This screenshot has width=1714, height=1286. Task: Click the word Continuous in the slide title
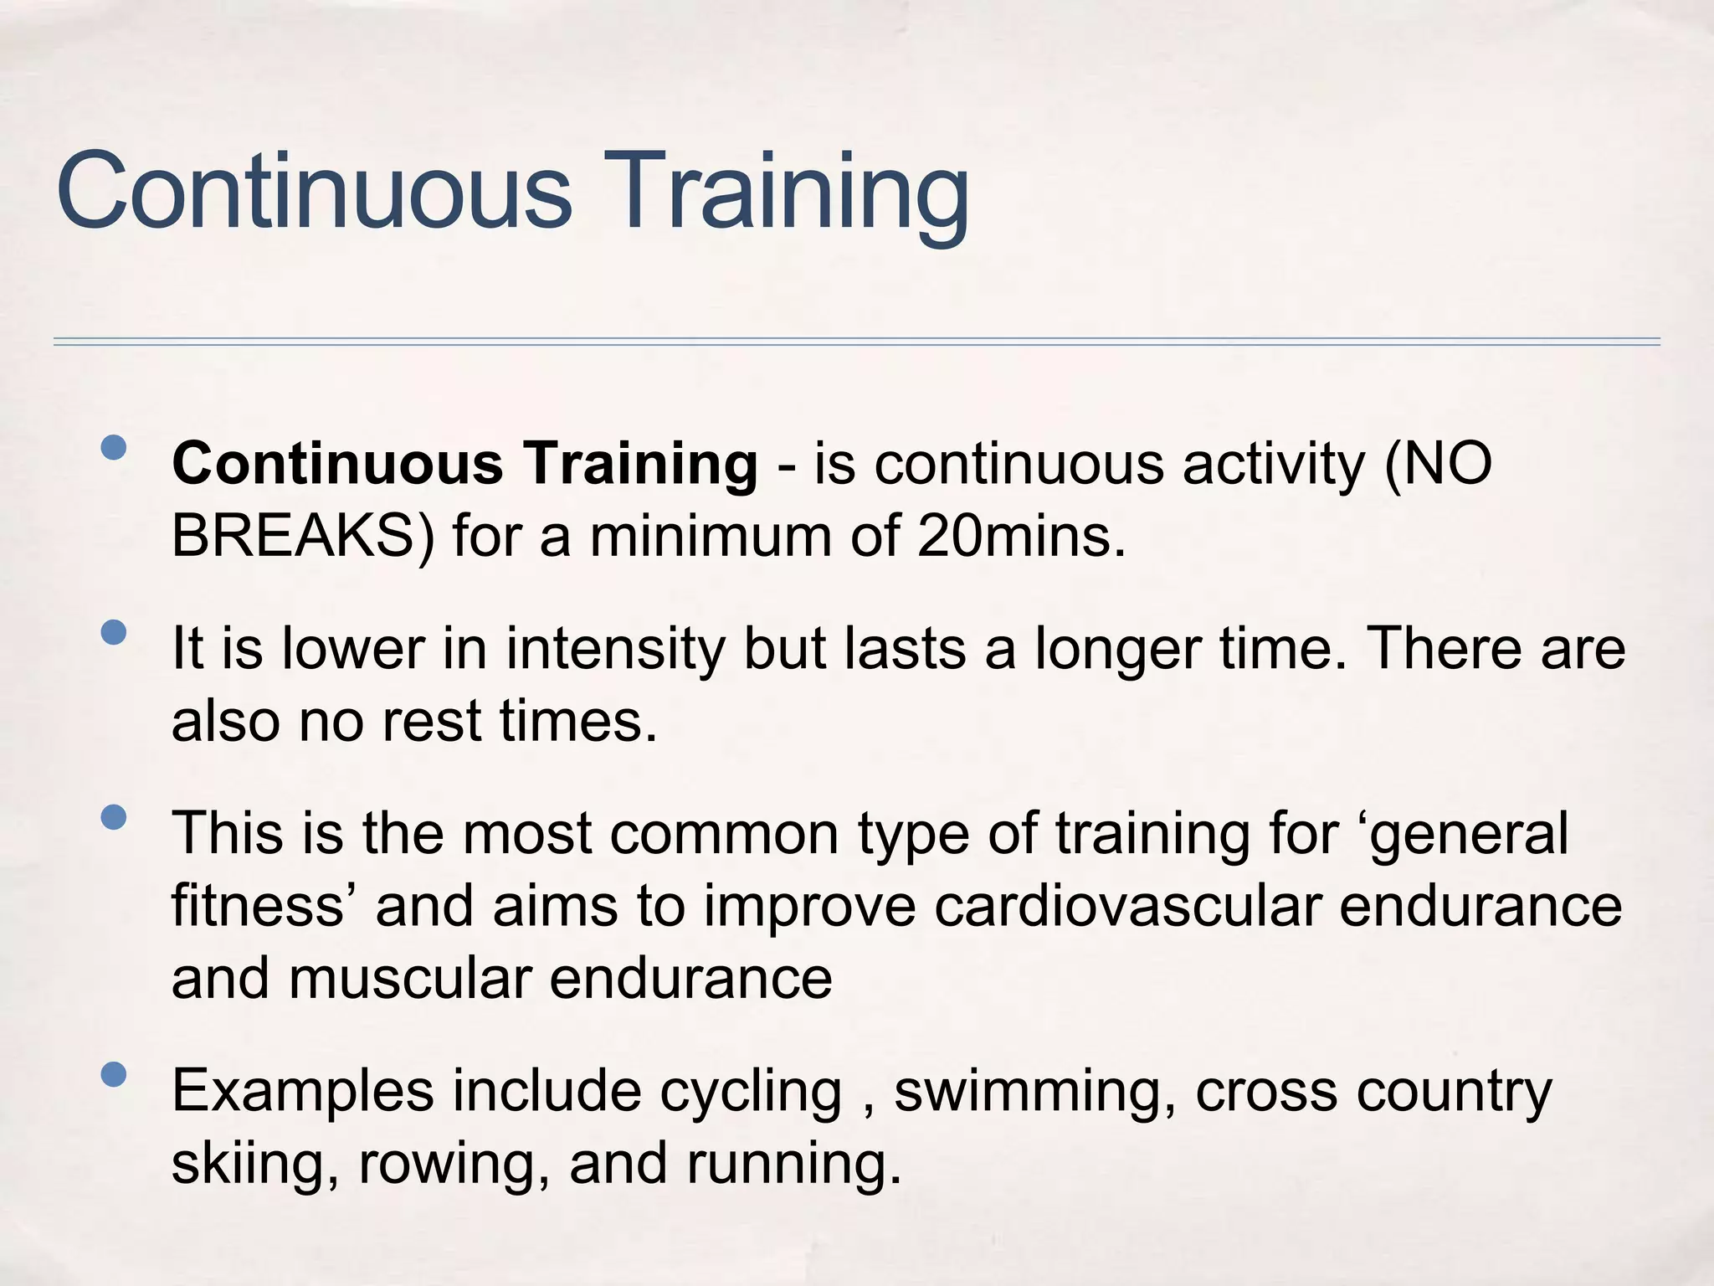[314, 191]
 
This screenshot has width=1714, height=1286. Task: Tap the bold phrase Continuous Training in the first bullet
[464, 463]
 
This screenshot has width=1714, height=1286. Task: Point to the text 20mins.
[1021, 536]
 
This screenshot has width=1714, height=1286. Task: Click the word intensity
[615, 649]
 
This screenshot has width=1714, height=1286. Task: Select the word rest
[432, 721]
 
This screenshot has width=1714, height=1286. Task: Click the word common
[724, 833]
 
